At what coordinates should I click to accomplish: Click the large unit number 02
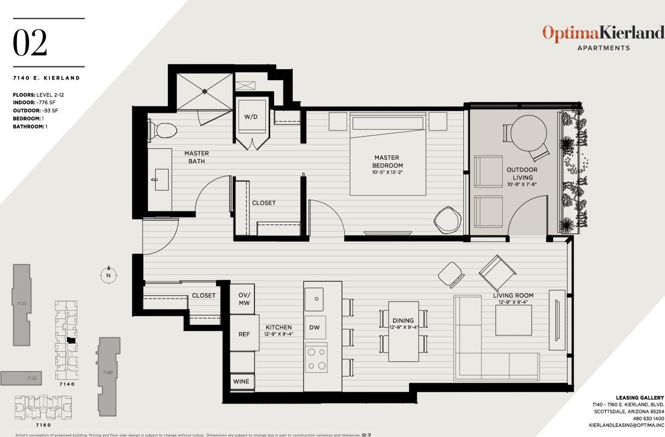coord(30,44)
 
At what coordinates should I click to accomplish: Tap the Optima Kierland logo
coord(603,33)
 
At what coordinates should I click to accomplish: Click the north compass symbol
coord(109,275)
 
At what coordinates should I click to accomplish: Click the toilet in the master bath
coord(163,131)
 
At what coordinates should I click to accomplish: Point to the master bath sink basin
coord(161,180)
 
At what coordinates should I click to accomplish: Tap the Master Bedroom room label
coord(387,162)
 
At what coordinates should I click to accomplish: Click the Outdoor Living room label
coord(521,173)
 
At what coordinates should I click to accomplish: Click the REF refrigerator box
coord(244,333)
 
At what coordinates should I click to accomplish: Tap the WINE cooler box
coord(241,382)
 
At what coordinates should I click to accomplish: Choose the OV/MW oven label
coord(244,299)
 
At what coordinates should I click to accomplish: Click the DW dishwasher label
coord(315,328)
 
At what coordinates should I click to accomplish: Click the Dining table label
coord(403,321)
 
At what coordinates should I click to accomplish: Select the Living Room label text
coord(513,295)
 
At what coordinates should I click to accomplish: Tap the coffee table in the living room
coord(514,321)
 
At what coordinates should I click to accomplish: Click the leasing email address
coord(626,425)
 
